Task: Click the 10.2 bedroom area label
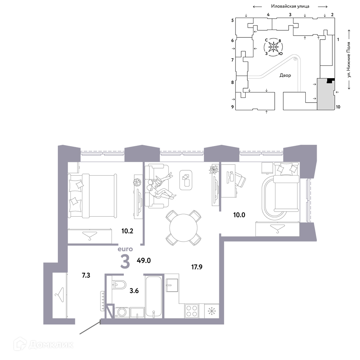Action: coord(127,231)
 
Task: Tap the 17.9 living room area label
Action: coord(197,267)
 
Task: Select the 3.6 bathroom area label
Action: coord(134,291)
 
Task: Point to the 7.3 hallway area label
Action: coord(86,275)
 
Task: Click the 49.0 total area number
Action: coord(144,261)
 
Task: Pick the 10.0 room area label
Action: coord(239,215)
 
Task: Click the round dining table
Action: coord(184,228)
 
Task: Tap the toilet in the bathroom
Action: coord(119,285)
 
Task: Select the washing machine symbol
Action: coord(122,312)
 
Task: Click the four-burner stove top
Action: coord(192,311)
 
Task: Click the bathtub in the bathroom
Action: coord(154,297)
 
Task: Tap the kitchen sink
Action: coord(171,285)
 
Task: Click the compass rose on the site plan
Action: coord(273,47)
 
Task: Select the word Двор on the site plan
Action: coord(285,75)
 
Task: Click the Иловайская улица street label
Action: coord(290,6)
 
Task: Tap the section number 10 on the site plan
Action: coord(338,107)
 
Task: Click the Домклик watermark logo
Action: coord(44,345)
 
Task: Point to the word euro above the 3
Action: coord(125,249)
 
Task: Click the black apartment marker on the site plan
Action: coord(330,81)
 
